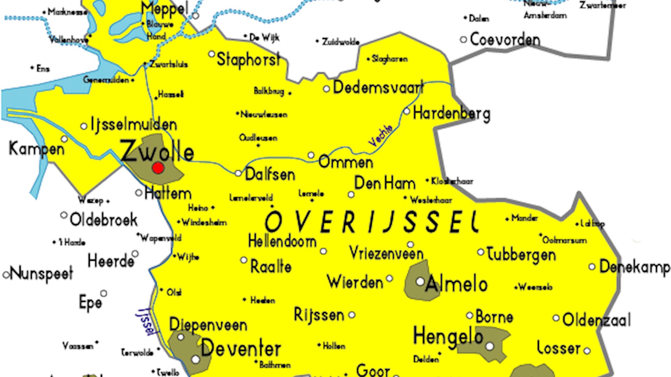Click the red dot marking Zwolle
click(158, 168)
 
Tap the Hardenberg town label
click(451, 114)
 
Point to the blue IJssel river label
click(146, 321)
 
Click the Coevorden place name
click(505, 39)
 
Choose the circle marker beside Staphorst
click(211, 54)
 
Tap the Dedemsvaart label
click(378, 87)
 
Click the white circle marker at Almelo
click(420, 281)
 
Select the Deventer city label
click(241, 348)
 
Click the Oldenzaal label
click(597, 320)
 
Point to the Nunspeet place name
click(41, 273)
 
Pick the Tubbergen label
click(521, 254)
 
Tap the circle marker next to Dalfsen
click(238, 173)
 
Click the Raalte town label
click(271, 267)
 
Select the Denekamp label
click(634, 267)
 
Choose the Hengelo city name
click(448, 336)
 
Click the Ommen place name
click(346, 162)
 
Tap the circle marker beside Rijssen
click(352, 315)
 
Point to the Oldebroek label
click(103, 220)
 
